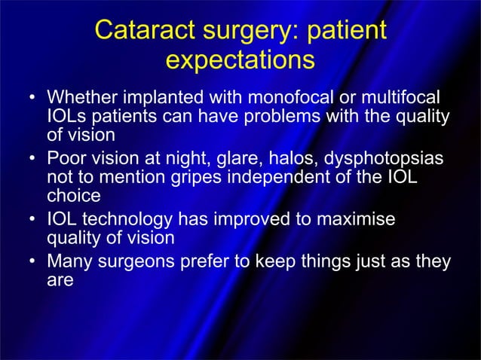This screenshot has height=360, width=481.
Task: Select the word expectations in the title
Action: pyautogui.click(x=240, y=59)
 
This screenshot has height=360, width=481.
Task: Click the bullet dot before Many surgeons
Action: pyautogui.click(x=32, y=263)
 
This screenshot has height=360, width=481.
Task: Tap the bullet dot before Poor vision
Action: pyautogui.click(x=32, y=160)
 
